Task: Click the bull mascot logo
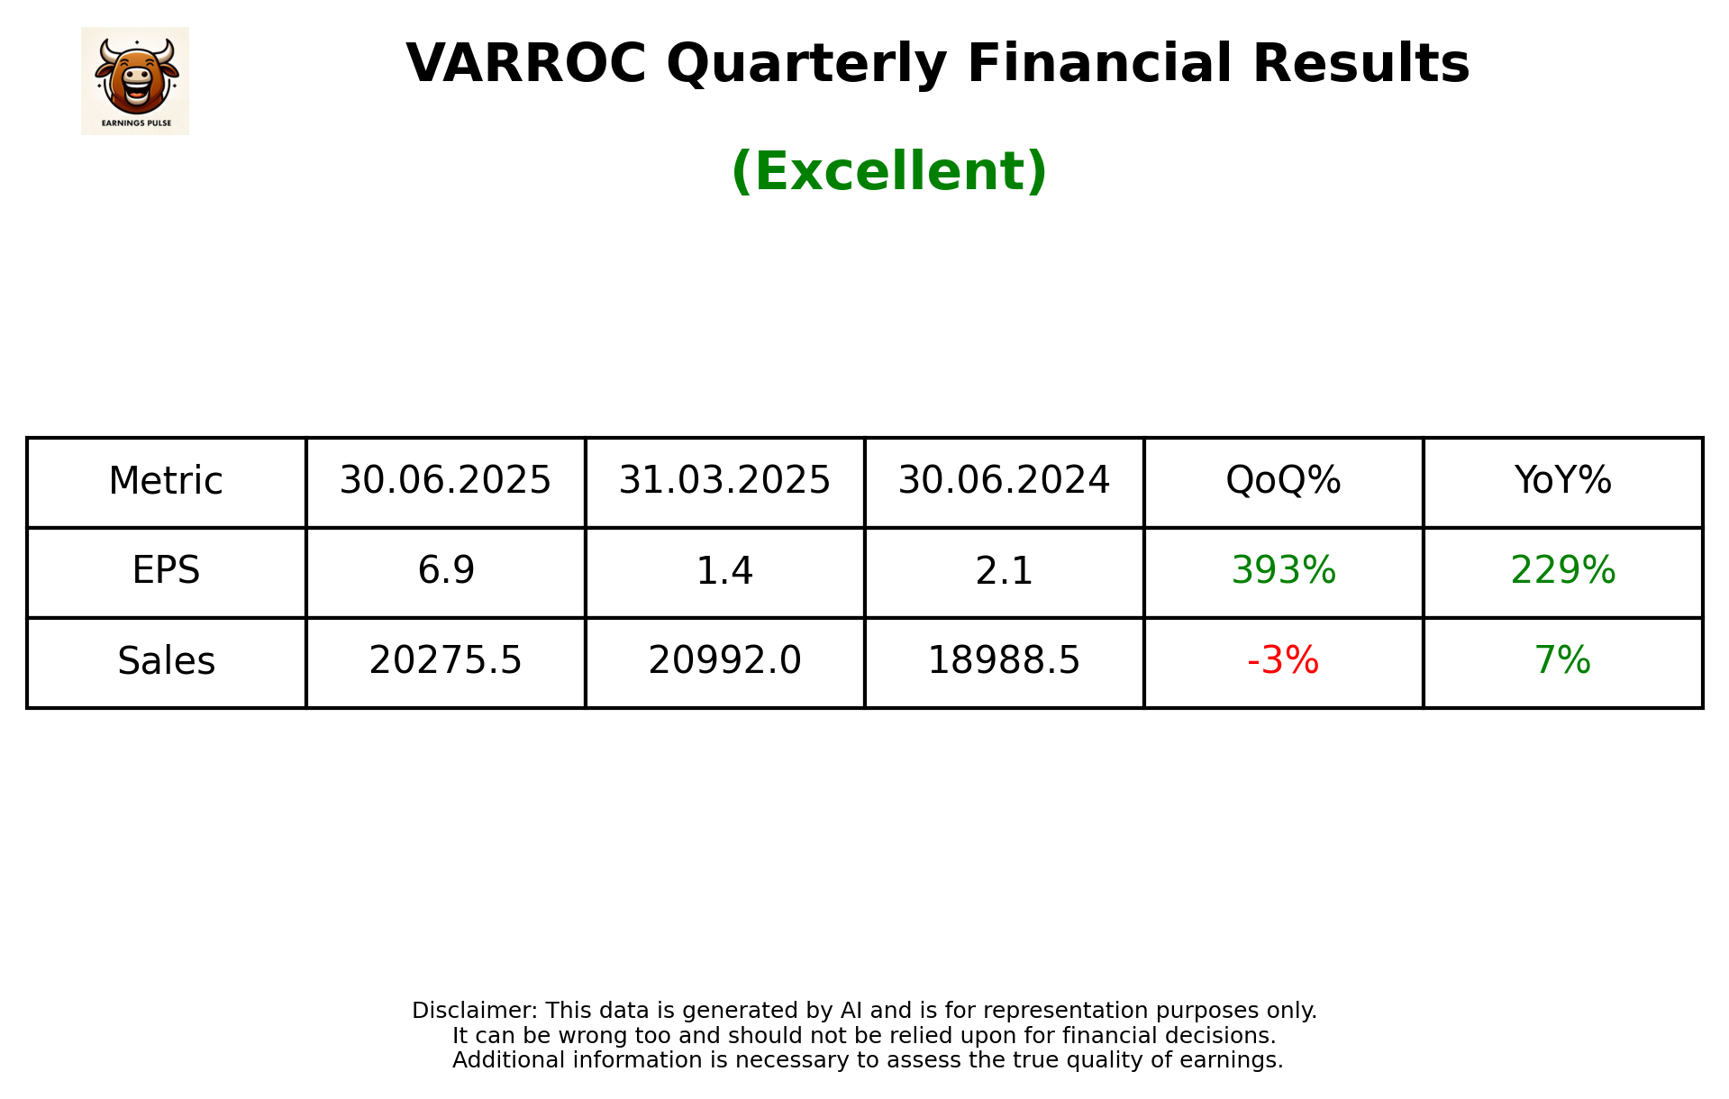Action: click(x=135, y=80)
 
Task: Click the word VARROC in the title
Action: click(x=526, y=64)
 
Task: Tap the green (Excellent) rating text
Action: click(x=888, y=171)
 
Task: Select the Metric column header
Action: click(x=166, y=481)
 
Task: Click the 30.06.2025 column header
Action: click(x=445, y=481)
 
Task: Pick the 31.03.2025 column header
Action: click(x=724, y=481)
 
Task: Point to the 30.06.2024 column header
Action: click(x=1004, y=481)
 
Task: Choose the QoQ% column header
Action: click(x=1283, y=481)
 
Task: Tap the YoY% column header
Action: click(x=1562, y=481)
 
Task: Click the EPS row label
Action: click(x=166, y=570)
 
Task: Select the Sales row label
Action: click(x=166, y=661)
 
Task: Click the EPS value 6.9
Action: click(x=445, y=570)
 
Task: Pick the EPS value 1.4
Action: click(x=724, y=570)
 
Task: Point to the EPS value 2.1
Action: click(x=1004, y=570)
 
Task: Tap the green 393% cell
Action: click(x=1283, y=570)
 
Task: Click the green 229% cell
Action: click(x=1562, y=570)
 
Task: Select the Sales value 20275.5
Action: click(x=445, y=661)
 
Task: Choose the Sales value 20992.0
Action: click(x=724, y=661)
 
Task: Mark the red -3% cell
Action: click(x=1283, y=661)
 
